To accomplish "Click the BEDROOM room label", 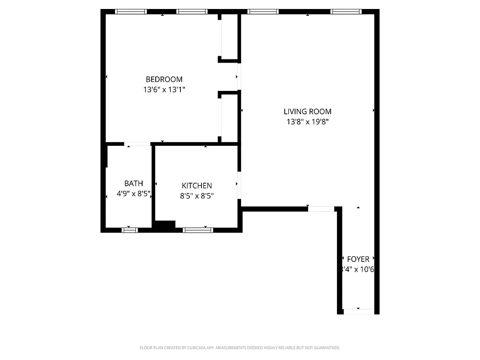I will (x=164, y=80).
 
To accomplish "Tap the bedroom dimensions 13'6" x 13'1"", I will (x=164, y=90).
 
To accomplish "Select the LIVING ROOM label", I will (x=307, y=112).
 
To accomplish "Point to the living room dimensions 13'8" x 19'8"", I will (x=307, y=121).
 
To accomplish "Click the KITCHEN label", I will (x=197, y=186).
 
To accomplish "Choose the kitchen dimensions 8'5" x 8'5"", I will (x=197, y=196).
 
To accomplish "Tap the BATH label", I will (x=134, y=184).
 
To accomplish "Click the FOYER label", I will (x=358, y=259).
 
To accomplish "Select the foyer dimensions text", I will (x=358, y=270).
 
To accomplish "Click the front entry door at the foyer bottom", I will (x=358, y=311).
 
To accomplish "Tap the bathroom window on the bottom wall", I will (x=130, y=230).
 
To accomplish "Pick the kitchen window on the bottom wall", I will (x=197, y=230).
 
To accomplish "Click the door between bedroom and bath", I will (x=138, y=144).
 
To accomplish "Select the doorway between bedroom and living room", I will (x=239, y=76).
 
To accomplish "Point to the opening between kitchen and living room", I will (x=239, y=185).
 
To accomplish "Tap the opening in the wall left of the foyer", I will (x=321, y=209).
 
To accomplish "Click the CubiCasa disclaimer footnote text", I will (x=240, y=348).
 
